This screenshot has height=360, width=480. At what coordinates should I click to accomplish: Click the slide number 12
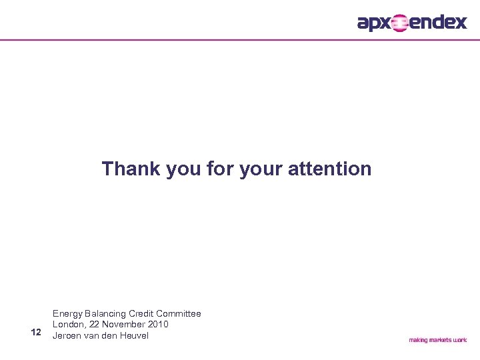click(36, 332)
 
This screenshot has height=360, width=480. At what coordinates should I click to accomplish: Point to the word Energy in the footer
click(69, 313)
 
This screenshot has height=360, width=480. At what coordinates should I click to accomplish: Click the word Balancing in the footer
click(107, 313)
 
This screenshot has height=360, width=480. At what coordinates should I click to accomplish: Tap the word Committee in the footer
click(179, 313)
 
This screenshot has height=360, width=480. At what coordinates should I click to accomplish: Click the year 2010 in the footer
click(166, 324)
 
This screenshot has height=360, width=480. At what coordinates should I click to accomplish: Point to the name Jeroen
click(68, 335)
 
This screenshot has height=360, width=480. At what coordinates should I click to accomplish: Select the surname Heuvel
click(133, 335)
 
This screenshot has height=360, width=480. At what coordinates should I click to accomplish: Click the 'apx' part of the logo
click(373, 23)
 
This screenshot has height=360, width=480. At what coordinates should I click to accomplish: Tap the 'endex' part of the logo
click(437, 23)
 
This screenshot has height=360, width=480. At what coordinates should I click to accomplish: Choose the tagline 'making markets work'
click(437, 340)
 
